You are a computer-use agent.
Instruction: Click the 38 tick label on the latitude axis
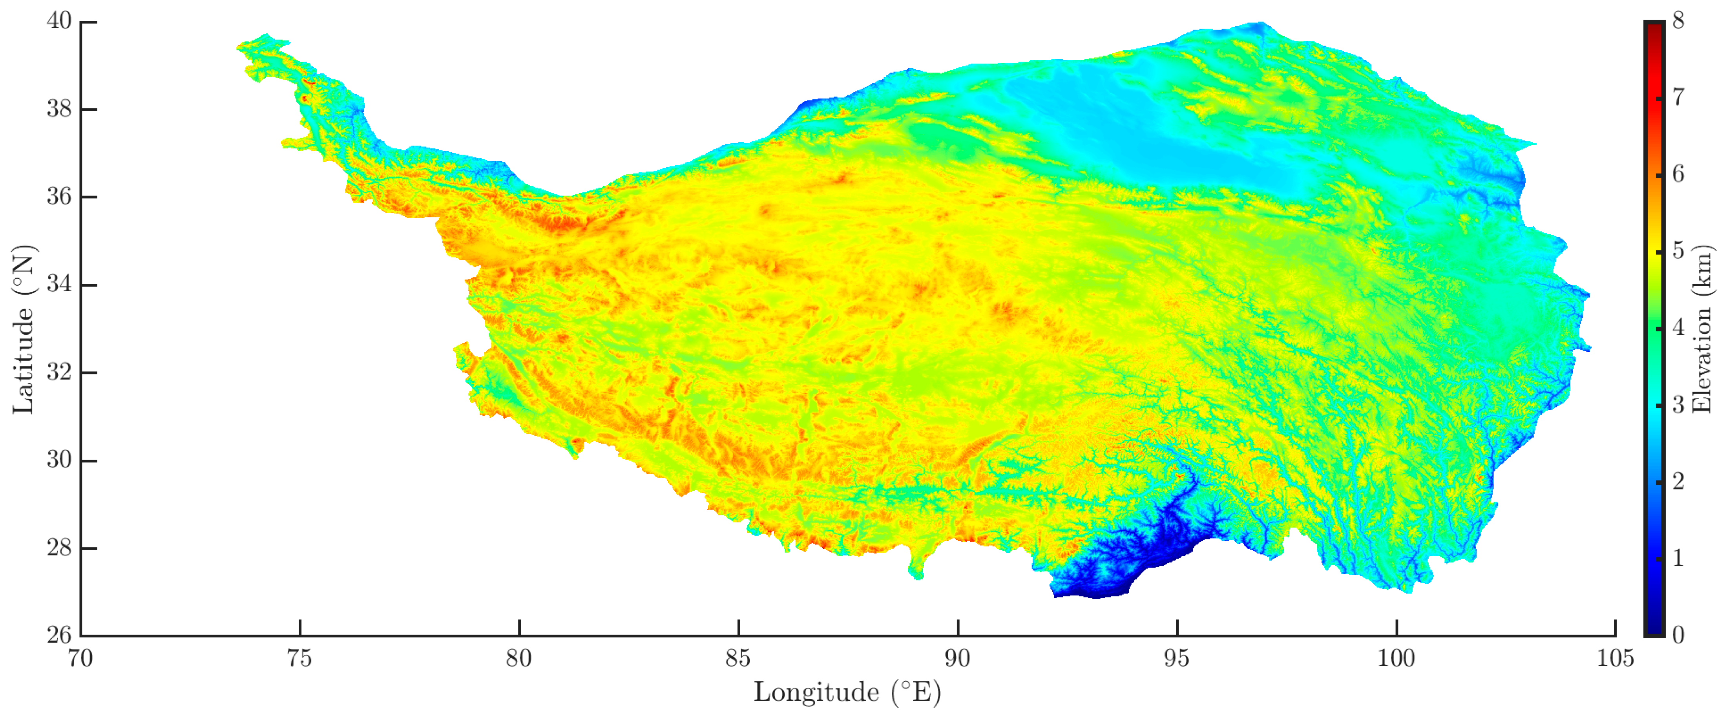[x=59, y=109]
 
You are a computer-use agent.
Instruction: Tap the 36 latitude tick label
[x=59, y=197]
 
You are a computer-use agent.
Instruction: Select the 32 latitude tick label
[x=59, y=373]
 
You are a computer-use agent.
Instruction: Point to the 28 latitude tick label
[x=59, y=548]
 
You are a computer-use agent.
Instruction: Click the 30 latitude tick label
[x=59, y=460]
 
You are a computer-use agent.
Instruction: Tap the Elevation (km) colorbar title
[x=1701, y=328]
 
